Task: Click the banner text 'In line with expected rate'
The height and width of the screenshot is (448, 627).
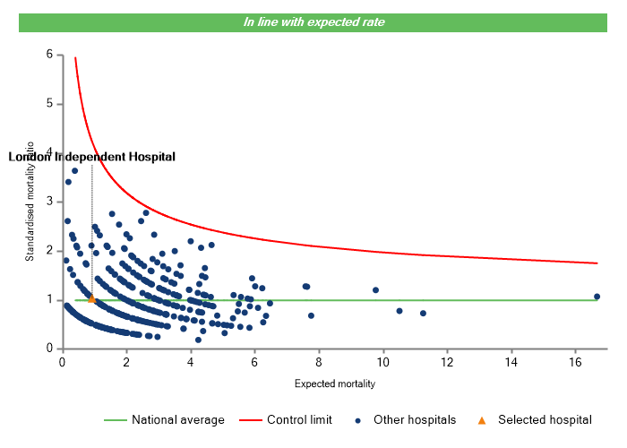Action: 313,22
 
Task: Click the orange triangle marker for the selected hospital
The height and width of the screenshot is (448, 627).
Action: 91,299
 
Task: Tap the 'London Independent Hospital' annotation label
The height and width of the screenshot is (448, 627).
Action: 92,157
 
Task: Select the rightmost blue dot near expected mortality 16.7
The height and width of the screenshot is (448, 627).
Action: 597,297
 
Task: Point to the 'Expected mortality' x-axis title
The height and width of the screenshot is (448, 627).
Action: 334,384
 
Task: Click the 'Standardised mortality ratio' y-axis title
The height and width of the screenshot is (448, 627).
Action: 30,201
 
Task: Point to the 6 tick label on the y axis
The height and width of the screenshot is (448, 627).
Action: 48,55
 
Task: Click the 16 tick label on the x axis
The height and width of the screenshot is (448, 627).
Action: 575,362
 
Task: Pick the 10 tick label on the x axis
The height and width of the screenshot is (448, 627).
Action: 382,362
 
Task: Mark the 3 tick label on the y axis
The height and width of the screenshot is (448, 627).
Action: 48,202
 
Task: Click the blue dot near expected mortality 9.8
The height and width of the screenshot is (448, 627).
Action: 375,290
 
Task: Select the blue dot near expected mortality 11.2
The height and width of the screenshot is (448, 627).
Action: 423,314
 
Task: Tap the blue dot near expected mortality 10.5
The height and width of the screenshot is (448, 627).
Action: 399,311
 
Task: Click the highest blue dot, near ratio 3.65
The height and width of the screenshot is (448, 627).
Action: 75,170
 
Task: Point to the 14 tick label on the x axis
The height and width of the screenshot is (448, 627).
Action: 511,362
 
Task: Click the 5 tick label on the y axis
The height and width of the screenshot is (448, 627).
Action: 48,104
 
